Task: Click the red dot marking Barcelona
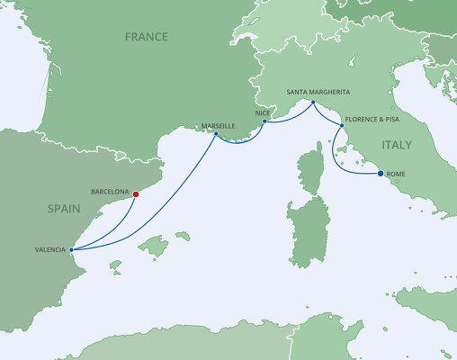click(135, 193)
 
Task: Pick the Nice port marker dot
click(264, 121)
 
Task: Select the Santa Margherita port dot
click(313, 103)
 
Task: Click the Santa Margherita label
click(318, 93)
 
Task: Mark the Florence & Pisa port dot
click(342, 126)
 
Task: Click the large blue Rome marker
click(380, 173)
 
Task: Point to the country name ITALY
click(397, 144)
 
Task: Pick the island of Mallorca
click(157, 244)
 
